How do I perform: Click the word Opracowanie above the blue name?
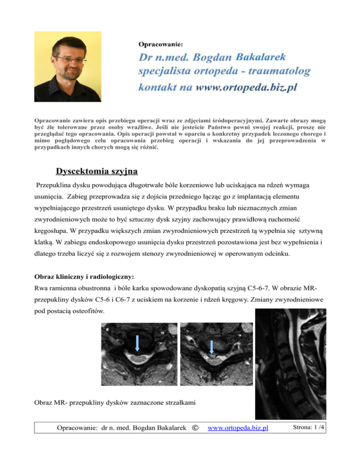click(161, 44)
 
